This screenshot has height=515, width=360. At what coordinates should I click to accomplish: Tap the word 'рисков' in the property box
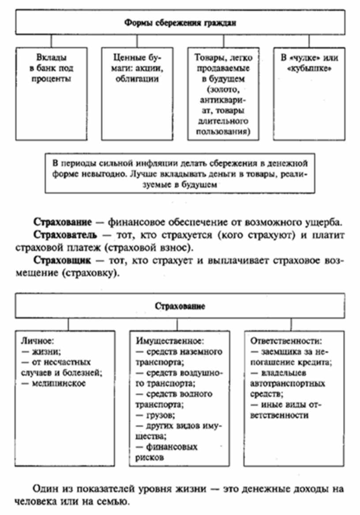pyautogui.click(x=150, y=458)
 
